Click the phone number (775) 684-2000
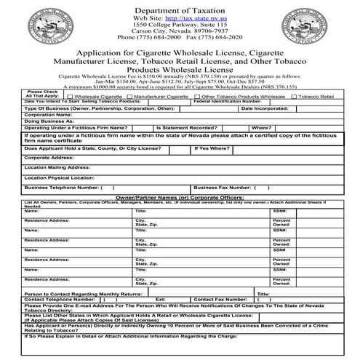pyautogui.click(x=161, y=39)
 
